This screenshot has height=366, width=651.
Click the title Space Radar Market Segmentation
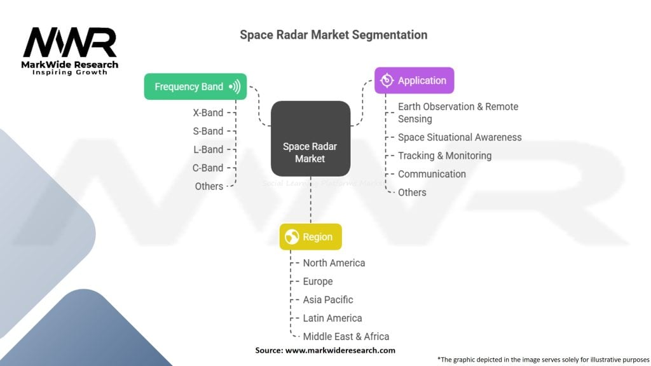333,34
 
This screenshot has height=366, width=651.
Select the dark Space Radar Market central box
310,139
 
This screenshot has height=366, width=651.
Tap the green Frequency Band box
195,86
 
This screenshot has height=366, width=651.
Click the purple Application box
414,81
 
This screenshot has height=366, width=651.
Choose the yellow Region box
310,237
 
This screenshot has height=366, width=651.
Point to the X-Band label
208,113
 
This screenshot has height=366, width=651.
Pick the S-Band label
208,132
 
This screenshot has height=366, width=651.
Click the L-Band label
208,150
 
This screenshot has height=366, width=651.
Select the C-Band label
208,168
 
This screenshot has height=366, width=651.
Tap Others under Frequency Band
209,187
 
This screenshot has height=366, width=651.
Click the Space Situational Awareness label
460,137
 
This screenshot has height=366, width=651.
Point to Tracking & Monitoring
444,156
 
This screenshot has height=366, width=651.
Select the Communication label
432,174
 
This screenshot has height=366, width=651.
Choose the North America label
334,263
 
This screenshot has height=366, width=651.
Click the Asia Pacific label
328,300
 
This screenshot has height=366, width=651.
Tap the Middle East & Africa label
346,337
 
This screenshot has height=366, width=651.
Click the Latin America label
332,318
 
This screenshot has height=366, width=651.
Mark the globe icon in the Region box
292,237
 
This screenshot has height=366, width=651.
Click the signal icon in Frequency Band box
235,86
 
